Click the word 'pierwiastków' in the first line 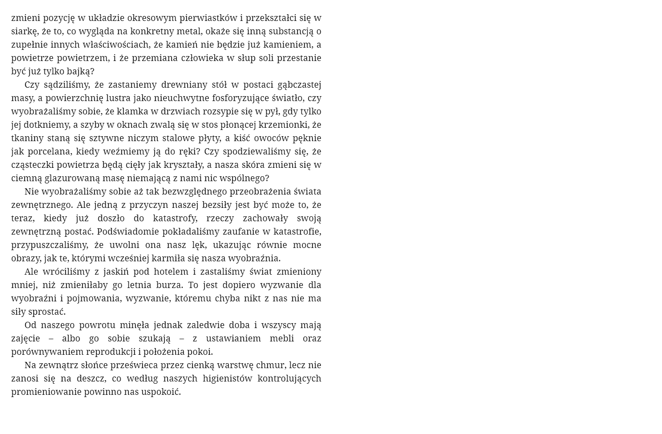(208, 18)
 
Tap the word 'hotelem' (171, 272)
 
